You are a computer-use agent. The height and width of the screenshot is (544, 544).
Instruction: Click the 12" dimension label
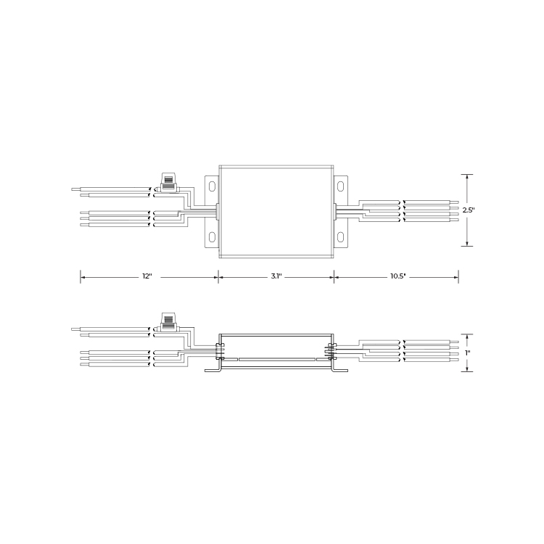pyautogui.click(x=147, y=277)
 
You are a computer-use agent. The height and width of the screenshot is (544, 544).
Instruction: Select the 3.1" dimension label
pyautogui.click(x=276, y=277)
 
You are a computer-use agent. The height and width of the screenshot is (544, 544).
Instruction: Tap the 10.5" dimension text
pyautogui.click(x=397, y=277)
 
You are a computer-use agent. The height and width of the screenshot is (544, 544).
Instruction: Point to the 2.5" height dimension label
pyautogui.click(x=469, y=210)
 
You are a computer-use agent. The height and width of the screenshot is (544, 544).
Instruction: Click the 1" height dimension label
pyautogui.click(x=469, y=353)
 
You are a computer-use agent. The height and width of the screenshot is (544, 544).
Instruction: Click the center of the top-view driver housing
pyautogui.click(x=276, y=211)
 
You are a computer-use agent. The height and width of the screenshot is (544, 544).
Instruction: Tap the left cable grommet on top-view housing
pyautogui.click(x=218, y=211)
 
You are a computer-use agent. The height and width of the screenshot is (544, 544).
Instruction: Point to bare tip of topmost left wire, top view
pyautogui.click(x=75, y=189)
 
